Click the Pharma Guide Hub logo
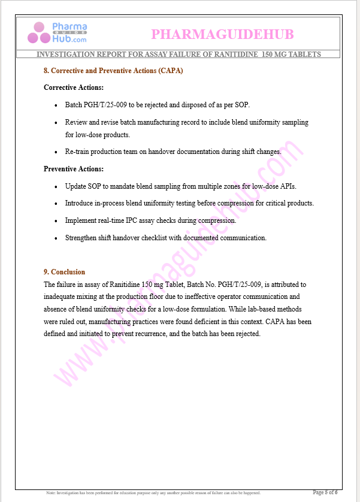click(57, 33)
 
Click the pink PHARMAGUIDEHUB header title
click(222, 34)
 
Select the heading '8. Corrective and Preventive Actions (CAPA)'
click(113, 71)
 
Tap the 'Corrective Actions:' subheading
click(72, 87)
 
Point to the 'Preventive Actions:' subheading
click(74, 169)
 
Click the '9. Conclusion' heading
click(65, 272)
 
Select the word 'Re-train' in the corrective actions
click(78, 152)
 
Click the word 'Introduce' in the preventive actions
click(81, 204)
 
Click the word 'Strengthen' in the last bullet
click(82, 238)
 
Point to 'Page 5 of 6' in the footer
click(325, 492)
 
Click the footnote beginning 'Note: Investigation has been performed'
click(153, 493)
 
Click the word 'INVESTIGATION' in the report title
click(66, 55)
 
